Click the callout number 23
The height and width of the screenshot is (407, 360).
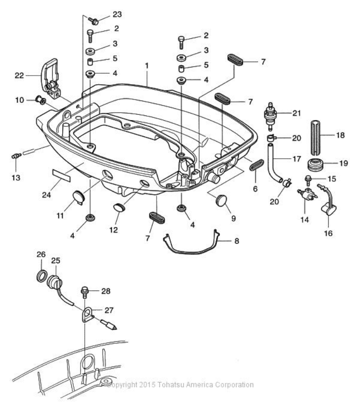pos(117,14)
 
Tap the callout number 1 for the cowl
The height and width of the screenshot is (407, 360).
pos(147,66)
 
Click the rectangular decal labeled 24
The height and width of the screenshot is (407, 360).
pos(62,175)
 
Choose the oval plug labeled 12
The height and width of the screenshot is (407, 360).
pos(119,208)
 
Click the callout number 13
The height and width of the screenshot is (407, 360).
pos(16,178)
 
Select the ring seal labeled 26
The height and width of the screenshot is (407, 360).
pos(42,276)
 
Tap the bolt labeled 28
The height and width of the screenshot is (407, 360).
pos(84,292)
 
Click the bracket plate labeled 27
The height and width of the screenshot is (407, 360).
pos(88,315)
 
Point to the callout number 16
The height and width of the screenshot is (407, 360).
pos(328,233)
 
